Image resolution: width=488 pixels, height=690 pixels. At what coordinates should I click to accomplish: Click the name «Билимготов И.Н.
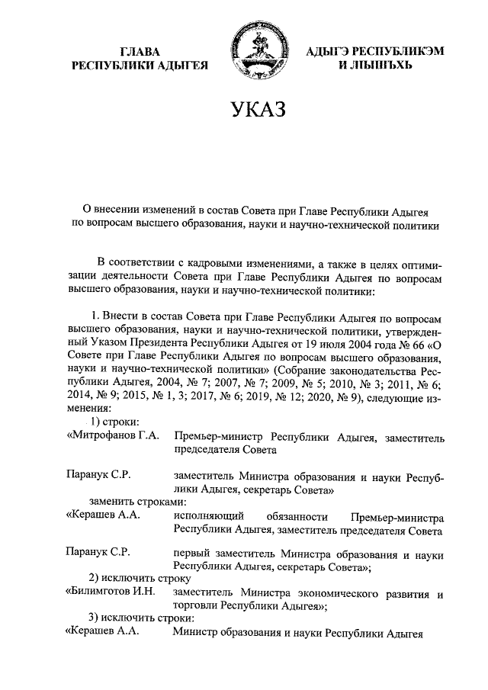click(111, 590)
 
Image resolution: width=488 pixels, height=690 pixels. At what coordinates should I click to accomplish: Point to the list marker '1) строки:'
click(115, 423)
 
